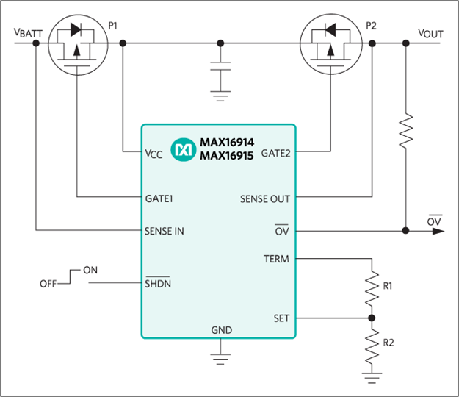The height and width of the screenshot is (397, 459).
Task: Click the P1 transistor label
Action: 112,26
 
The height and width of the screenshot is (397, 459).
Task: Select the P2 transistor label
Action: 371,26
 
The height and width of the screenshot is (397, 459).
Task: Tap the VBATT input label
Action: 28,33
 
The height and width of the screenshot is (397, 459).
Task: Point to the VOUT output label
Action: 430,33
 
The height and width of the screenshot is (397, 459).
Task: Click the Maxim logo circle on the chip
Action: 184,150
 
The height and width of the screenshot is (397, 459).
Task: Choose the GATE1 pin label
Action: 159,198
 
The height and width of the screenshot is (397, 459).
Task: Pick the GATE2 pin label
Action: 275,153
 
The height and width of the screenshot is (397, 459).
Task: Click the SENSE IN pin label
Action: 165,231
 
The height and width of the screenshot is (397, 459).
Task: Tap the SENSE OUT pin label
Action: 265,199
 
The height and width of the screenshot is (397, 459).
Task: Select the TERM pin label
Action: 276,259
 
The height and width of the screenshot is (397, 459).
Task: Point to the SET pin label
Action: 281,318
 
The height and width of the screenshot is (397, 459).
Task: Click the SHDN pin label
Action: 158,283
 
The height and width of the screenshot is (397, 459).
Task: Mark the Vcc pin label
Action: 153,154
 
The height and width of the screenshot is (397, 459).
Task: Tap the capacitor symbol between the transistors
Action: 220,66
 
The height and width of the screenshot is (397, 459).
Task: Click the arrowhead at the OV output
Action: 438,231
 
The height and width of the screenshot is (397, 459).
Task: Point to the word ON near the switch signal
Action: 90,270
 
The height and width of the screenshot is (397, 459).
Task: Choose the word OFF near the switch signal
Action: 48,284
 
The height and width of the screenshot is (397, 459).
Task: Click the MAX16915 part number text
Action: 227,156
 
